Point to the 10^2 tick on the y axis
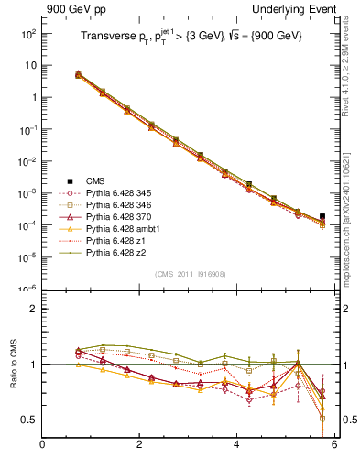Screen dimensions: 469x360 coord(27,34)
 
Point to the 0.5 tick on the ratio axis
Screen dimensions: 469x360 coord(28,420)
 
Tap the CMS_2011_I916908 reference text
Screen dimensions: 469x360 coord(189,274)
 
